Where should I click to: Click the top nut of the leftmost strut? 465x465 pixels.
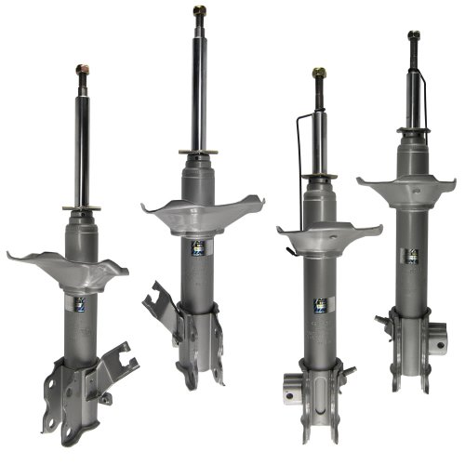point(82,70)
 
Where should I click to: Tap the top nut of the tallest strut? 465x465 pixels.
point(199,12)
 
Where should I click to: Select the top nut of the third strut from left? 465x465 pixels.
point(319,73)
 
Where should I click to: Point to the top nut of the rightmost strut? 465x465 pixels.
point(413,37)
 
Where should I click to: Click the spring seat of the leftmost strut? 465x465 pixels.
point(67,270)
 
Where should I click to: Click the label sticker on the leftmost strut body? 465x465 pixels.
point(78,303)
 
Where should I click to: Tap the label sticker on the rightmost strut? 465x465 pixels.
point(409,256)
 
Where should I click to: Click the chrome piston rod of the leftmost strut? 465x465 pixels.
point(82,139)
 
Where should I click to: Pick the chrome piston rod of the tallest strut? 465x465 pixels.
point(199,84)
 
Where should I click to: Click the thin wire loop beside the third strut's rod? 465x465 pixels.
point(299,167)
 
